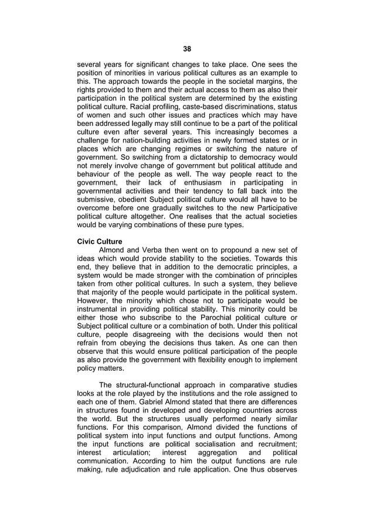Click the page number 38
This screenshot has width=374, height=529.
pyautogui.click(x=187, y=49)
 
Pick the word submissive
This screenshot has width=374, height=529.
pyautogui.click(x=97, y=201)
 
